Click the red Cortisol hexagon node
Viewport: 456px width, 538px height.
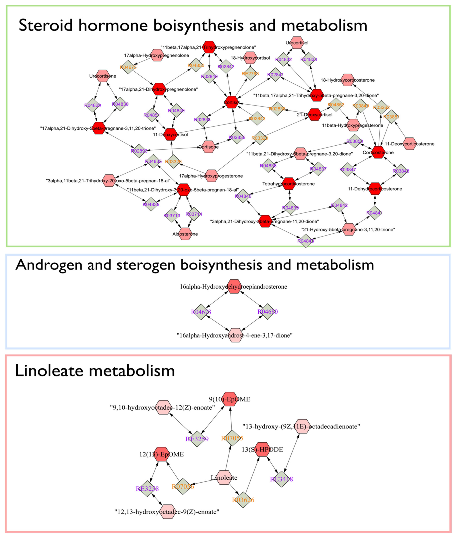[x=231, y=102]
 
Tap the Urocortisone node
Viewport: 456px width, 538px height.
[x=103, y=76]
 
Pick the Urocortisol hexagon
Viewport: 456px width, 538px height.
[x=297, y=43]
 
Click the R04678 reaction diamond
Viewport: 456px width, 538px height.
[x=201, y=312]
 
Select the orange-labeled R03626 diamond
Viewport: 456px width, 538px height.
[x=243, y=500]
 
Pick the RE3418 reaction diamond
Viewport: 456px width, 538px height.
[x=281, y=479]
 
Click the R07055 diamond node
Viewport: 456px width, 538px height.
[x=232, y=438]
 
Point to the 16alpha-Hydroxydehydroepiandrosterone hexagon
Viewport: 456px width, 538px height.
[x=234, y=286]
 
